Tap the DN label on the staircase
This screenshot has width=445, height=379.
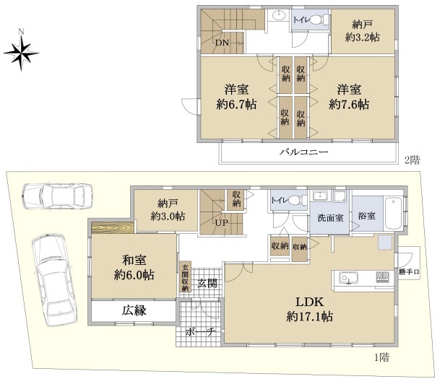pyautogui.click(x=222, y=43)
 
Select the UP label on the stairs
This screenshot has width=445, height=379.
pyautogui.click(x=221, y=222)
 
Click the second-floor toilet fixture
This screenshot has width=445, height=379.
pyautogui.click(x=318, y=20)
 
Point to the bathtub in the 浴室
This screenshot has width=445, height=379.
pyautogui.click(x=393, y=214)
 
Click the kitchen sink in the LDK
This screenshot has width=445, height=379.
pyautogui.click(x=348, y=277)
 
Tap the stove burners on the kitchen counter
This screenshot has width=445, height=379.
pyautogui.click(x=383, y=277)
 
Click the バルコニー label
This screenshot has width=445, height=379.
pyautogui.click(x=304, y=152)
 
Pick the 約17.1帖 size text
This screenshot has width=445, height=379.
pyautogui.click(x=309, y=316)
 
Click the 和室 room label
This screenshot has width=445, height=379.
pyautogui.click(x=134, y=260)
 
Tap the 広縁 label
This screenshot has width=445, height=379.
pyautogui.click(x=134, y=310)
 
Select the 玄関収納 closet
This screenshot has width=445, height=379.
pyautogui.click(x=185, y=276)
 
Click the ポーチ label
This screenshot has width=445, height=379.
pyautogui.click(x=201, y=332)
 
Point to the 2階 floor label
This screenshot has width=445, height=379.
pyautogui.click(x=412, y=160)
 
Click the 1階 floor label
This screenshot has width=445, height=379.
pyautogui.click(x=381, y=357)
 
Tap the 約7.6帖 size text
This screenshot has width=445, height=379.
pyautogui.click(x=349, y=105)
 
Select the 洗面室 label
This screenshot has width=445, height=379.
pyautogui.click(x=330, y=218)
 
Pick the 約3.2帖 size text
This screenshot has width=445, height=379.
pyautogui.click(x=363, y=37)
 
